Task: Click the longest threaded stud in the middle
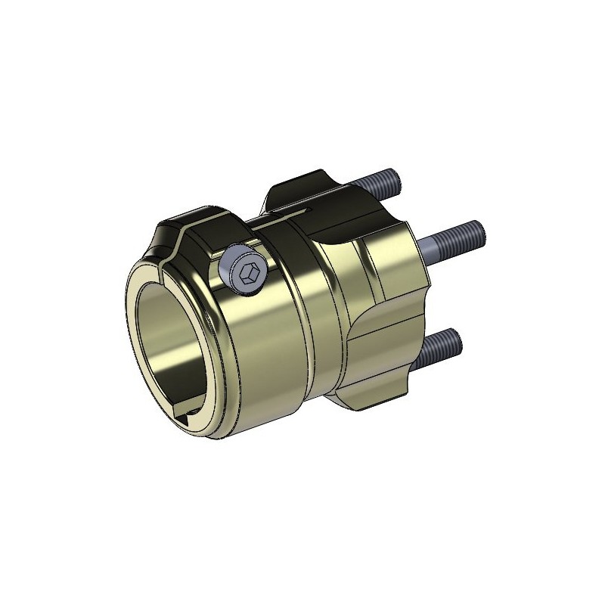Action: pyautogui.click(x=454, y=235)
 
